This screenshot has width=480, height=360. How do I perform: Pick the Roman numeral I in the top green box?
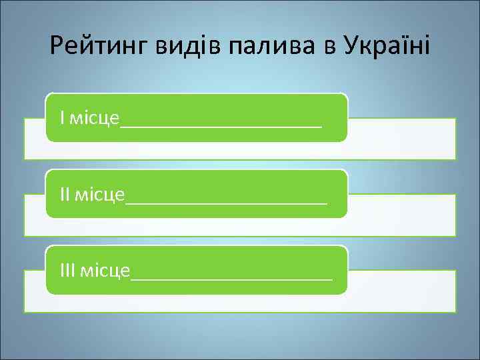62,118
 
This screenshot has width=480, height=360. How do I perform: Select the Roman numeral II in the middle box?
65,194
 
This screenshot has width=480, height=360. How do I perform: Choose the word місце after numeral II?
101,195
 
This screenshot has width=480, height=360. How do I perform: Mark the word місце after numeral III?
106,271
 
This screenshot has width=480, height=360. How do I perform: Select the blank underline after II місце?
227,201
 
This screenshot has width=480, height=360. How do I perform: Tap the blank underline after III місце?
232,277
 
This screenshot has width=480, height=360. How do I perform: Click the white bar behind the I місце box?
400,140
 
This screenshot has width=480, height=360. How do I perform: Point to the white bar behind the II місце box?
400,216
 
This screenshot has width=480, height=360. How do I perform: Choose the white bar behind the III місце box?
400,292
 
